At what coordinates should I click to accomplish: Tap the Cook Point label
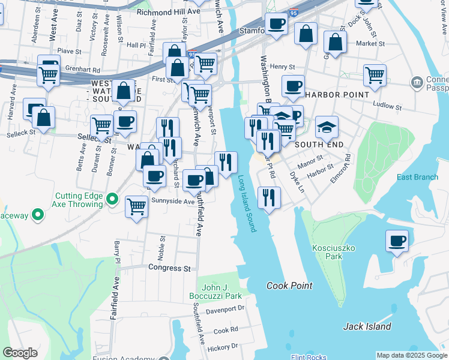tap(289, 286)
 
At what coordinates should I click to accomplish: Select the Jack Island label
tap(367, 327)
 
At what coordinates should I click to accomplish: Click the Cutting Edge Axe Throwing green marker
tap(112, 199)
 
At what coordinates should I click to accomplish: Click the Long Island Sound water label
tap(247, 203)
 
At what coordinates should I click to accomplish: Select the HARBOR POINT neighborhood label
tap(336, 95)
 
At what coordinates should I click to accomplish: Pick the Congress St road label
tap(169, 268)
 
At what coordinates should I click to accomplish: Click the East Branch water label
tap(417, 177)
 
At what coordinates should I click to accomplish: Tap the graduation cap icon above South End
tap(327, 127)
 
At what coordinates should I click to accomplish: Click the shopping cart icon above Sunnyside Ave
tap(136, 206)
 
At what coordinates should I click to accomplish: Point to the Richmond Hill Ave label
tap(168, 11)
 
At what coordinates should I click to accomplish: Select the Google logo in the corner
tap(20, 353)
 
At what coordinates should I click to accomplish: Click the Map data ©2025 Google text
tap(411, 355)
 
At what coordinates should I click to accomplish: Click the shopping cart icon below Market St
tap(374, 76)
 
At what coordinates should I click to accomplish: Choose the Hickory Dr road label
tap(221, 347)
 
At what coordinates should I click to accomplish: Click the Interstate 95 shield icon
tap(191, 55)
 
